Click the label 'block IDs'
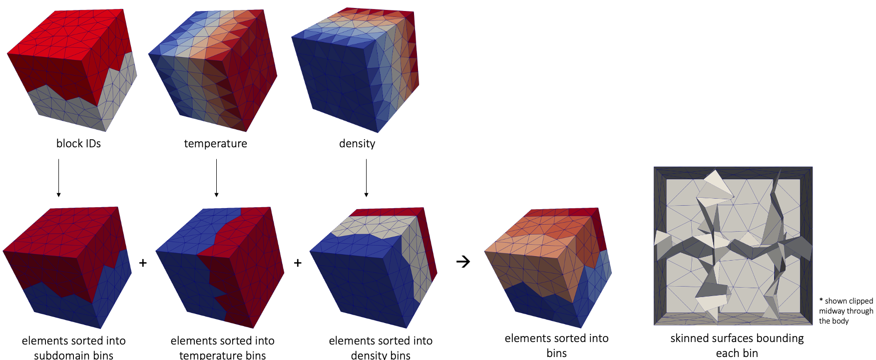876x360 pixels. pyautogui.click(x=78, y=143)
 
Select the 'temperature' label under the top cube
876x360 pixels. pyautogui.click(x=215, y=144)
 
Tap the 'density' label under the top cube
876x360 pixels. pyautogui.click(x=357, y=144)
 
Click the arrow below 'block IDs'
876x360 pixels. pyautogui.click(x=58, y=178)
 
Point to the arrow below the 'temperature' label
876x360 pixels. pyautogui.click(x=216, y=178)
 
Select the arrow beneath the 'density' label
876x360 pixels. pyautogui.click(x=366, y=178)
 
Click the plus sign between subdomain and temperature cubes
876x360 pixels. pyautogui.click(x=143, y=263)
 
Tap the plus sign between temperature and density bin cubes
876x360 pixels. pyautogui.click(x=298, y=263)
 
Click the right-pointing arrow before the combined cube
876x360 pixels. pyautogui.click(x=463, y=262)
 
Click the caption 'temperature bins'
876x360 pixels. pyautogui.click(x=222, y=355)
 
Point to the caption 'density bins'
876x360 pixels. pyautogui.click(x=381, y=355)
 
